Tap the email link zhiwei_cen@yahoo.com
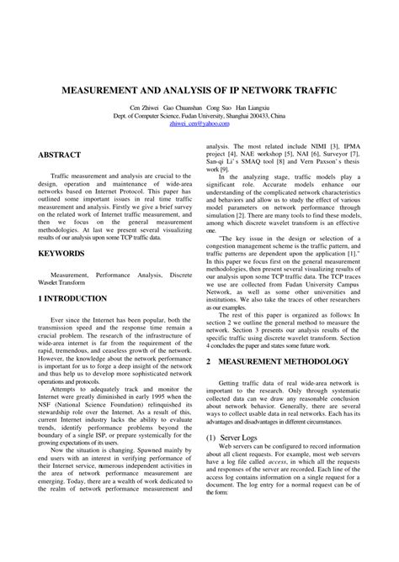pos(199,123)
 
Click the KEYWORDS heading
pos(61,252)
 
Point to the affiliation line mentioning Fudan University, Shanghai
pos(199,115)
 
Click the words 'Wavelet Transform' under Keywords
pos(64,282)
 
